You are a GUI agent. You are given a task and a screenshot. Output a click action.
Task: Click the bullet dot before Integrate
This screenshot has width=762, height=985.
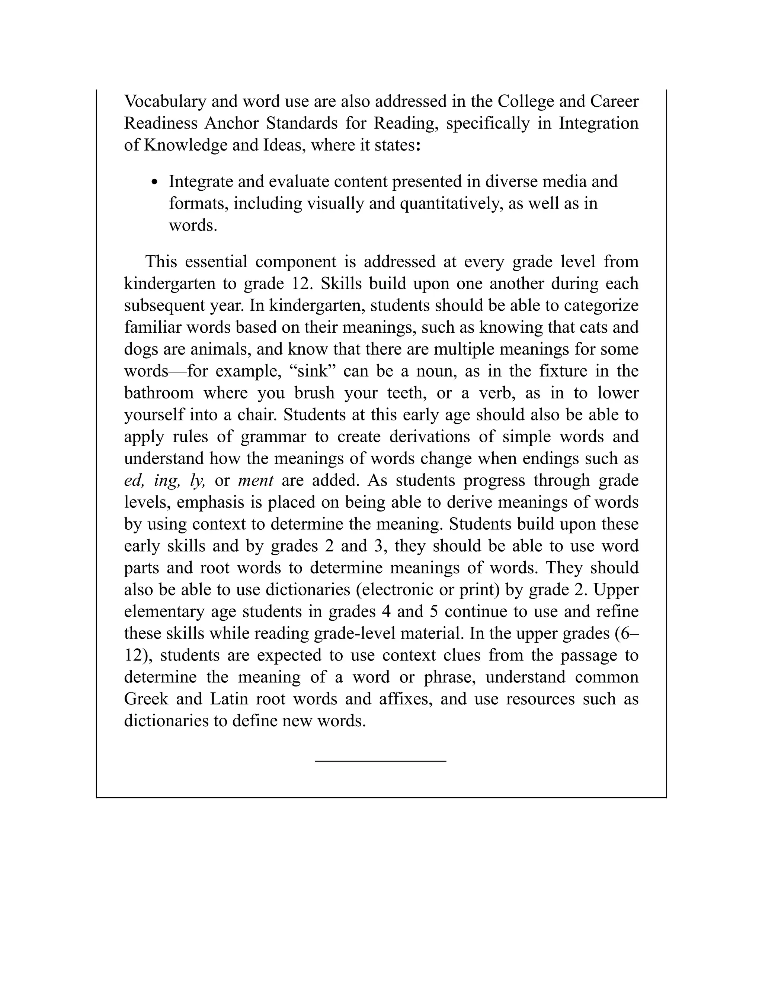click(x=155, y=182)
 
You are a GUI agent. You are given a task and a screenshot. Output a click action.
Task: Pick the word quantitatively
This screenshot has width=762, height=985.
click(x=451, y=203)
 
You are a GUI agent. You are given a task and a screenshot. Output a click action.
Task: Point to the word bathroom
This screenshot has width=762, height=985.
click(x=159, y=393)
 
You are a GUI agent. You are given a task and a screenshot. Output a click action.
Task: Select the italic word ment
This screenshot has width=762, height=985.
click(x=256, y=480)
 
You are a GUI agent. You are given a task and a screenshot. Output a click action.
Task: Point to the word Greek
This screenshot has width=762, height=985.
click(x=146, y=699)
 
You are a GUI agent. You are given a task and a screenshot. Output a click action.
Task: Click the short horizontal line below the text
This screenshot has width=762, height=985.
click(x=381, y=761)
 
